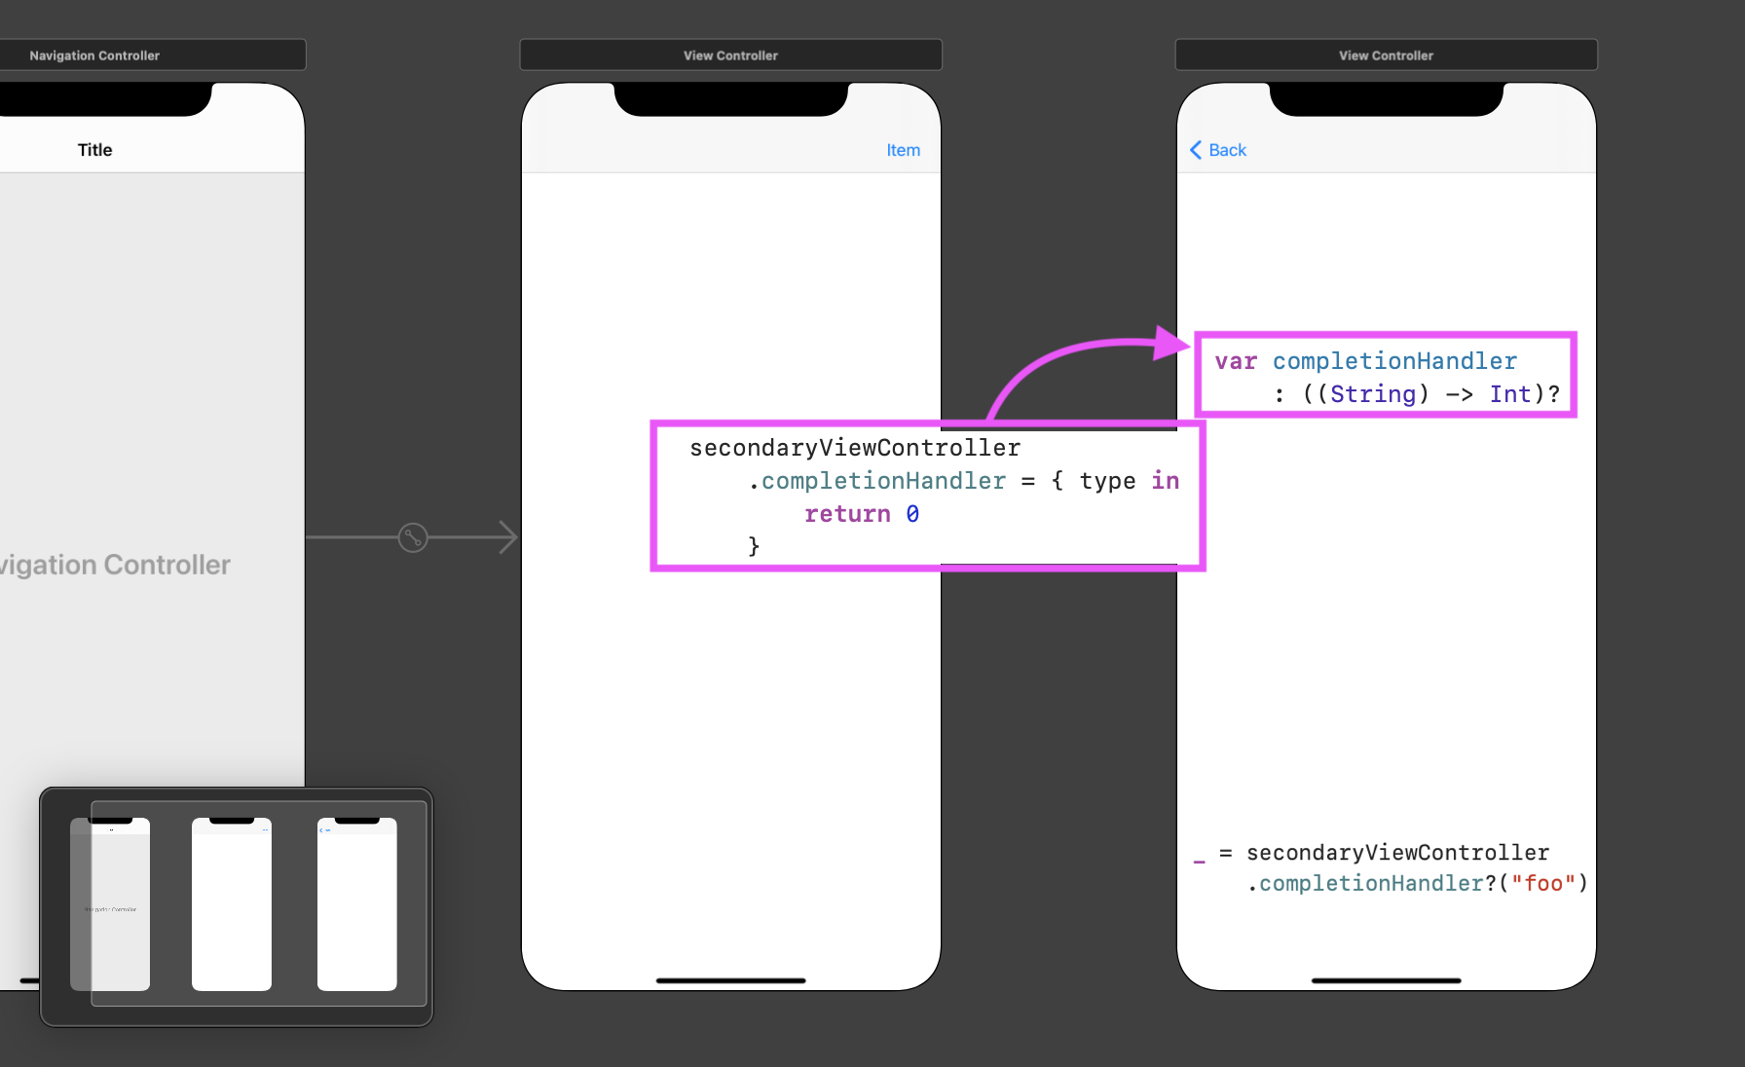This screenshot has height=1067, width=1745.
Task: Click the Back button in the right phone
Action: [1218, 150]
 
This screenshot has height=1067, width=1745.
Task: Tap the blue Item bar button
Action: [903, 150]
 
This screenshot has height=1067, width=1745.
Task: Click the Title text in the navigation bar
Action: [94, 150]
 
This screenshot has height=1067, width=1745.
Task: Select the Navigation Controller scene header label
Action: [94, 55]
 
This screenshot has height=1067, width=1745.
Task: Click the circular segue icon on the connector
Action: [413, 536]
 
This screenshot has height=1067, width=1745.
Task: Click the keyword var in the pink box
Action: [1236, 361]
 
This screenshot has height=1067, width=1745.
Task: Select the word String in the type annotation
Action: [1373, 394]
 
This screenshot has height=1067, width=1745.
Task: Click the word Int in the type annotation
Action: [1509, 394]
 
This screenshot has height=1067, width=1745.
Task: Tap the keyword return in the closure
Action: [847, 514]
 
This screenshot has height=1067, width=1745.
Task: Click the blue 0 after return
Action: [912, 514]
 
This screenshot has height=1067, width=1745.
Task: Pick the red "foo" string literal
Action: [1543, 883]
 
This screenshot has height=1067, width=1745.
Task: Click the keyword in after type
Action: [1165, 481]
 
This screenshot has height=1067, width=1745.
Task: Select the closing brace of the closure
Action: [754, 546]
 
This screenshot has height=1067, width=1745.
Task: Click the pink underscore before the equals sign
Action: [1199, 861]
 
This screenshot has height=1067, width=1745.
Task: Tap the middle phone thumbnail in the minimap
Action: [232, 905]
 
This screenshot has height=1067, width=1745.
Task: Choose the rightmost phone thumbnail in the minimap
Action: [357, 905]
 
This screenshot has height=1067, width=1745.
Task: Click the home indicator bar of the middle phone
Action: [730, 980]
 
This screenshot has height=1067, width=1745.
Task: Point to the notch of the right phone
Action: [1386, 98]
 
